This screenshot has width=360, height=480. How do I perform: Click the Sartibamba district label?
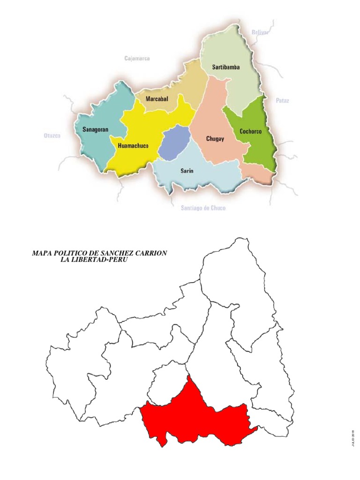pos(225,67)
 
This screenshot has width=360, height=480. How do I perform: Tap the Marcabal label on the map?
pos(157,99)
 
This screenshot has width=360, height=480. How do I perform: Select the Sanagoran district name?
pos(95,129)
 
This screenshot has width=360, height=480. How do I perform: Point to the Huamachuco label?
pos(133,146)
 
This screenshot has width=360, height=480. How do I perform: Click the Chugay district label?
pos(215,139)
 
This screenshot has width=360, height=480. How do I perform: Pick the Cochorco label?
pos(250,132)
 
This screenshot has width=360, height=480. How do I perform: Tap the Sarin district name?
pos(187,171)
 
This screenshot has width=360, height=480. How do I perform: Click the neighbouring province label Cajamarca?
pos(137,59)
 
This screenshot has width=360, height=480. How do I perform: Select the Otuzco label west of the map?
pos(52,136)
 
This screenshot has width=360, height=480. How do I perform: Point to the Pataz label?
pos(283,101)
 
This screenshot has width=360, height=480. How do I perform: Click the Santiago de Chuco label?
pos(203,208)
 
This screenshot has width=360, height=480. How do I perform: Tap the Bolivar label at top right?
pos(260,32)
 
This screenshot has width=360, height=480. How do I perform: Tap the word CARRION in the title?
pos(150,253)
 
